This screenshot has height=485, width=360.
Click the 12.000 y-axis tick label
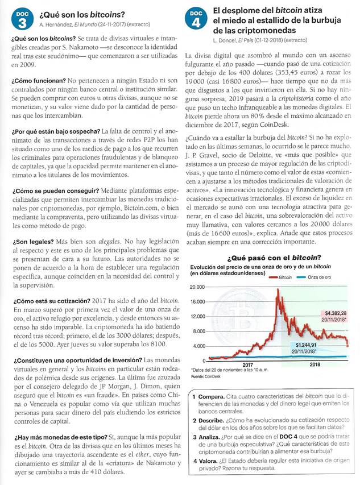pos(196,317)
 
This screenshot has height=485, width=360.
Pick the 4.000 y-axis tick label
pos(198,346)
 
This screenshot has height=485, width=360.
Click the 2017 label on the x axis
pos(249,365)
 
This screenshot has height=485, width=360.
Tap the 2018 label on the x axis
pos(314,365)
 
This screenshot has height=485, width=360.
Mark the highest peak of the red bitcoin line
pos(277,290)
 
